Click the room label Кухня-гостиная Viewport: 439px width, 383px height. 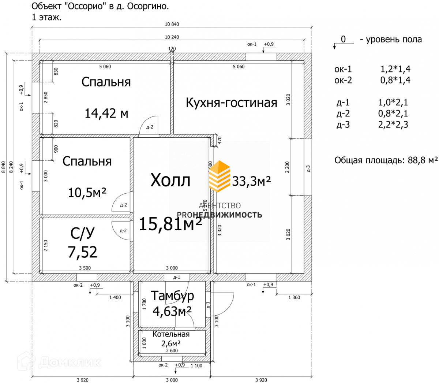coord(231,103)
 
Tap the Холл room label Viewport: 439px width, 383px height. coord(170,181)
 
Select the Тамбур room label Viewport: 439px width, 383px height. coord(172,296)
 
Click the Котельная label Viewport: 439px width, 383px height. coord(171,334)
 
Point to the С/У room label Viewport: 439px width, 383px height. coord(82,233)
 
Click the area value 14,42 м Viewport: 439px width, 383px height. coord(106,114)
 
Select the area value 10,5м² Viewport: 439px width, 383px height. coord(87,192)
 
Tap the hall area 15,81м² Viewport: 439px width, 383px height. coord(170,224)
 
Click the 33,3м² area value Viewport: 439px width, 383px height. coord(251,181)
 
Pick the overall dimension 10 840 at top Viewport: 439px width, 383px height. coord(172,25)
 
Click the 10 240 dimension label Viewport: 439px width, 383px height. coord(172,37)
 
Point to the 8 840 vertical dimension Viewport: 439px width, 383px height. coord(4,167)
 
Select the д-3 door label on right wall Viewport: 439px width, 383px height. coord(308,169)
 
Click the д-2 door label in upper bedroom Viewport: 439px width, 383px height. coord(150,127)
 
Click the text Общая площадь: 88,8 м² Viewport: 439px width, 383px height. coord(386,160)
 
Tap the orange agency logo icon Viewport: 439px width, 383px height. coord(219,176)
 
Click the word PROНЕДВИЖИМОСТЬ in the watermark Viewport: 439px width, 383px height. coord(219,215)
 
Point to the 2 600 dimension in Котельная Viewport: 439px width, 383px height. coord(172,351)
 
